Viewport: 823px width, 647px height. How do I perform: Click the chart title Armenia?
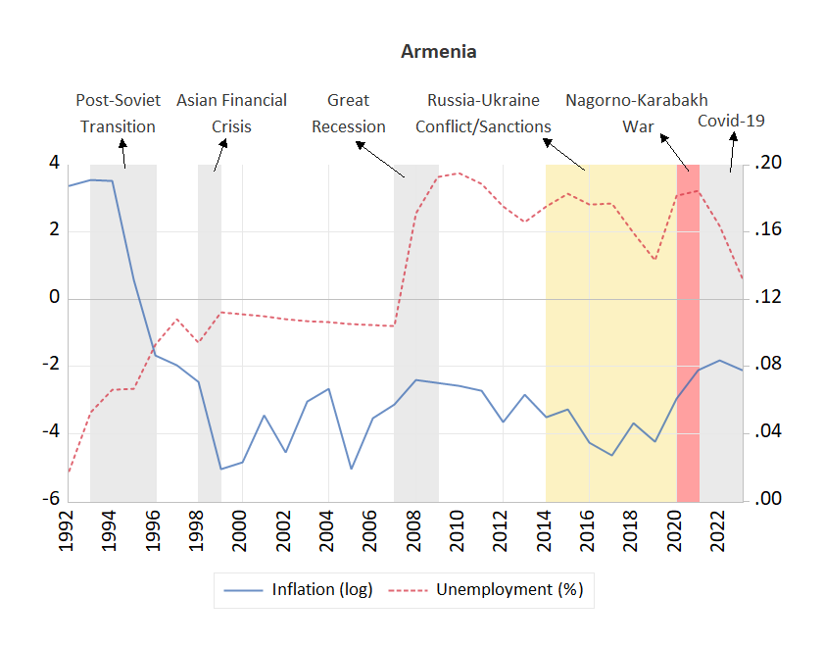tap(438, 52)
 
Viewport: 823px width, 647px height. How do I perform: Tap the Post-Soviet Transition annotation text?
tap(118, 113)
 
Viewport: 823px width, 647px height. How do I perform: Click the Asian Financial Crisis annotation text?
tap(231, 113)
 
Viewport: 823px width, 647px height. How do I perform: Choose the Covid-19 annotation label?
tap(731, 121)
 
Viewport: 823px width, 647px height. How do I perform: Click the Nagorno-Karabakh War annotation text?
tap(637, 113)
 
